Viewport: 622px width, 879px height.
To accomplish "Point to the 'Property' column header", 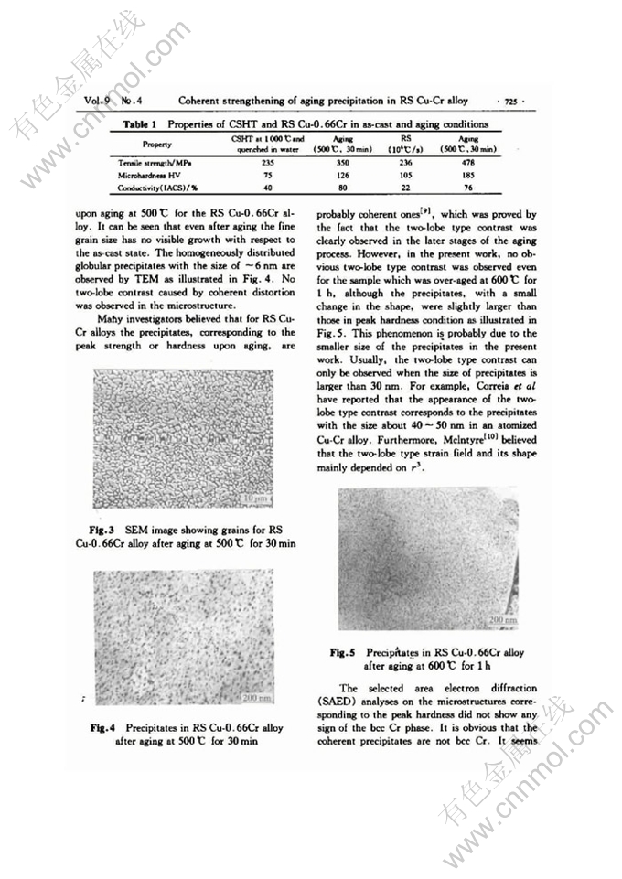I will coord(156,144).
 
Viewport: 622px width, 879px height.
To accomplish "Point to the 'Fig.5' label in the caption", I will coord(348,653).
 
